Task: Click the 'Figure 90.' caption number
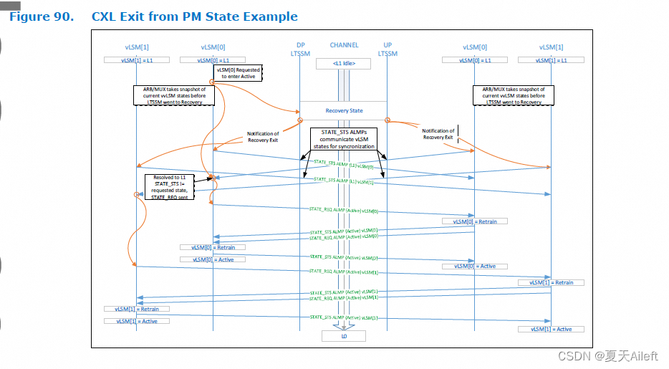click(41, 16)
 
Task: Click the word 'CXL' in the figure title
click(104, 16)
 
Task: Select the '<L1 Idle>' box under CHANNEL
click(345, 64)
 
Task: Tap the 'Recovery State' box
click(345, 111)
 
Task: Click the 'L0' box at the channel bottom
click(344, 335)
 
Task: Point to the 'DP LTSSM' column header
click(299, 49)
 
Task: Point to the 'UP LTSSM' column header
click(388, 49)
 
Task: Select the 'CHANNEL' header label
click(344, 45)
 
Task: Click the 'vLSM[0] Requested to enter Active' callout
click(241, 73)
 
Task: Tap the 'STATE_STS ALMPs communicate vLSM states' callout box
click(343, 138)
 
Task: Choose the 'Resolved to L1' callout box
click(170, 186)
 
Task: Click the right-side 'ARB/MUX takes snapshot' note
click(511, 95)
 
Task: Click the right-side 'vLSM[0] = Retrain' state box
click(474, 221)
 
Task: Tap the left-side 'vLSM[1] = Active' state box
click(136, 321)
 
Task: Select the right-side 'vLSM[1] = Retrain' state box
click(551, 282)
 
